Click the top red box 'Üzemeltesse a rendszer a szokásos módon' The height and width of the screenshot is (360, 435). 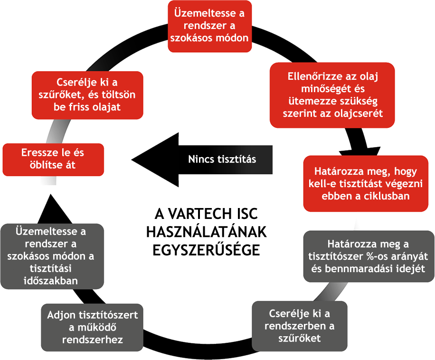(209, 27)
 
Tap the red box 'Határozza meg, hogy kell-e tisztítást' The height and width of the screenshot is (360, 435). (369, 183)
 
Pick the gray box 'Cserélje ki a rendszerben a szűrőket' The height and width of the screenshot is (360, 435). (299, 325)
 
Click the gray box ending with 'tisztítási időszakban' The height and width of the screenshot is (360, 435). (53, 256)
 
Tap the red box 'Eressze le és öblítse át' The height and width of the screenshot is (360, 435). (53, 159)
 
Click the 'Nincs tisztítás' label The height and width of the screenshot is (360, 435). (222, 159)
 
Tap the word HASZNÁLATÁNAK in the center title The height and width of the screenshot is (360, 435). (207, 232)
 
